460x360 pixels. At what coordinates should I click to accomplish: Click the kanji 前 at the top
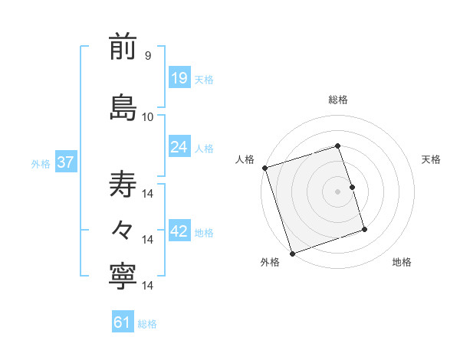click(123, 47)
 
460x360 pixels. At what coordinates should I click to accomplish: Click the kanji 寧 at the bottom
click(123, 277)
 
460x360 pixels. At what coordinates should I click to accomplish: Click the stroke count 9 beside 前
click(147, 56)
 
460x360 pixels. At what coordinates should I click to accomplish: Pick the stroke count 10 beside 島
click(148, 116)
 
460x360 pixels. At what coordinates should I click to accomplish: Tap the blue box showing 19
click(179, 77)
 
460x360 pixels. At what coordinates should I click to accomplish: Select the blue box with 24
click(179, 146)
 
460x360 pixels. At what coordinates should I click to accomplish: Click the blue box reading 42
click(179, 231)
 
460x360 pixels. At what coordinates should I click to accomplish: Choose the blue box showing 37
click(65, 162)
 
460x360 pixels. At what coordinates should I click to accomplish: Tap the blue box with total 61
click(123, 322)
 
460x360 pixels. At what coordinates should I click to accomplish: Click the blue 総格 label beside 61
click(147, 324)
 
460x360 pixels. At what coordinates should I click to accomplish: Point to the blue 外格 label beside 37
click(41, 163)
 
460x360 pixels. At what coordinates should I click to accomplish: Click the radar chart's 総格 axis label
click(338, 100)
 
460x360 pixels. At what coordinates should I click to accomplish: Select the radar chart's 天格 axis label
click(431, 159)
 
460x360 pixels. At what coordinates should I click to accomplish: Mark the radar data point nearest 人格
click(265, 168)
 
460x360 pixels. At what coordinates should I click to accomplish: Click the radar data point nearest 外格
click(292, 251)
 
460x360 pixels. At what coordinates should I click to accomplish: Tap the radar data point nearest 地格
click(364, 230)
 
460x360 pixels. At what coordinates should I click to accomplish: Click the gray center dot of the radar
click(338, 191)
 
